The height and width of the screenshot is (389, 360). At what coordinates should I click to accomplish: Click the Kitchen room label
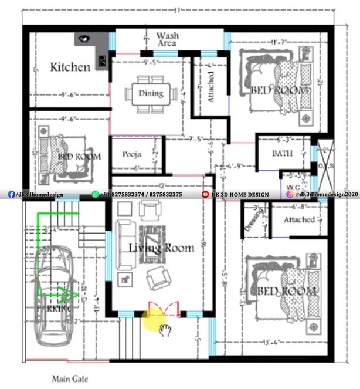click(70, 66)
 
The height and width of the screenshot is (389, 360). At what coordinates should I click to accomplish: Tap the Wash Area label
click(168, 39)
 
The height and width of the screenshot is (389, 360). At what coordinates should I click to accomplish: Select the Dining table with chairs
click(151, 93)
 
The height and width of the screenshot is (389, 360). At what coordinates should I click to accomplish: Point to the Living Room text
click(161, 248)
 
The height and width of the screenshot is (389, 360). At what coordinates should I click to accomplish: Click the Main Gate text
click(70, 379)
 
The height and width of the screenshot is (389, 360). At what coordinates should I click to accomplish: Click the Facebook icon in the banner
click(11, 194)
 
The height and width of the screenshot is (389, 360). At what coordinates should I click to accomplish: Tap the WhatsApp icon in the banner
click(96, 194)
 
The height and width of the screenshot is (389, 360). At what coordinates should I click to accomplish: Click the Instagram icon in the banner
click(290, 194)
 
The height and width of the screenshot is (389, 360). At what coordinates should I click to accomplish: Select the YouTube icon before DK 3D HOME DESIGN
click(205, 194)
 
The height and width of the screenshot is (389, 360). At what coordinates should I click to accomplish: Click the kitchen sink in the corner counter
click(83, 39)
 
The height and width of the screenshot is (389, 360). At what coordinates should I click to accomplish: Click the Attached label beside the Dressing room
click(298, 219)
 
